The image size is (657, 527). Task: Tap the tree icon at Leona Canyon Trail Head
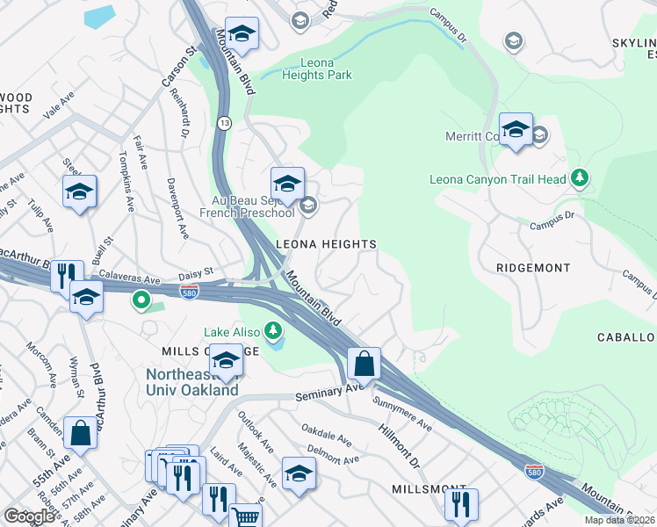(x=579, y=178)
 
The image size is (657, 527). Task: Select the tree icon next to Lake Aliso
(x=274, y=331)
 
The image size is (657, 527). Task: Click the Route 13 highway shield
(x=226, y=120)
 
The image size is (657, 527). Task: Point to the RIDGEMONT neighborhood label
(x=532, y=267)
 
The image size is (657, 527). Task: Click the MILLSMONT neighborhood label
(x=435, y=487)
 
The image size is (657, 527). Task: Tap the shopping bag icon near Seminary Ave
(x=364, y=362)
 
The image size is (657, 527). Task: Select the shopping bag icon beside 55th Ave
(x=80, y=432)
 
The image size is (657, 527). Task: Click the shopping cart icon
(x=246, y=517)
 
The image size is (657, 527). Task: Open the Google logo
(x=29, y=516)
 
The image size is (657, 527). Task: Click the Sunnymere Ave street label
(x=401, y=415)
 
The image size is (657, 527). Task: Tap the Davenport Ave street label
(x=177, y=212)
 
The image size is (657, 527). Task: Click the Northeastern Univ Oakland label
(x=191, y=382)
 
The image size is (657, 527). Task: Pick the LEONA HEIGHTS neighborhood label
(x=326, y=244)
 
